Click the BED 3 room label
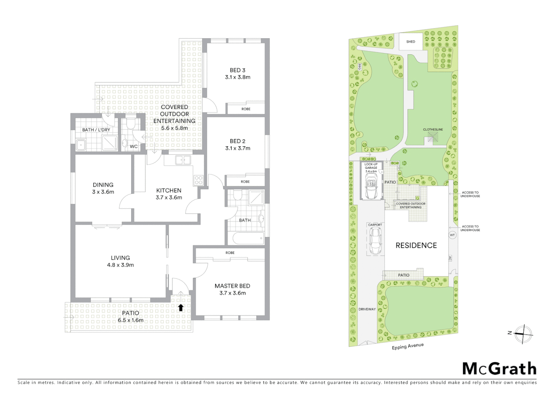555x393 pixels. [x=237, y=70]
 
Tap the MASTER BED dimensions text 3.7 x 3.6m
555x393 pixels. [x=232, y=293]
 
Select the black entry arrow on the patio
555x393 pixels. [x=181, y=307]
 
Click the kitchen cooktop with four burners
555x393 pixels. [x=199, y=180]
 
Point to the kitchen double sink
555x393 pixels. [x=183, y=160]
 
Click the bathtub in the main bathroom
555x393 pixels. [x=248, y=239]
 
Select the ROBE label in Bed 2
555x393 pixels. [x=245, y=182]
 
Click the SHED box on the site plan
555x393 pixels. [x=411, y=41]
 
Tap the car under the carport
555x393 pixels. [x=375, y=241]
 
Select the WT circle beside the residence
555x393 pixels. [x=452, y=235]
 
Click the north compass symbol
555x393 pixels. [x=523, y=334]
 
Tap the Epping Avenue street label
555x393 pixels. [x=408, y=346]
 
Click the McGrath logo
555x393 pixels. [x=499, y=369]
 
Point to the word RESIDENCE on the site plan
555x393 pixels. [x=416, y=245]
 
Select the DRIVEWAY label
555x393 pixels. [x=367, y=309]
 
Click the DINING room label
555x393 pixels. [x=103, y=185]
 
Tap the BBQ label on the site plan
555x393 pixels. [x=359, y=67]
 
